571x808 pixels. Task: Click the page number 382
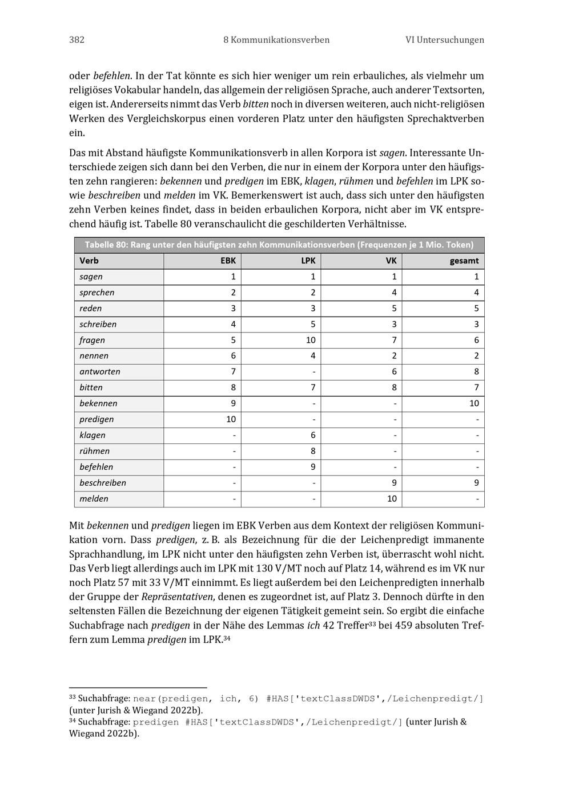[x=77, y=40]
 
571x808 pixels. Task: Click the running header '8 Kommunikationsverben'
[x=276, y=40]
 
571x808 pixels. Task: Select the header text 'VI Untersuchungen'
[x=445, y=40]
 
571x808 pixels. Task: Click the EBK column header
[x=228, y=261]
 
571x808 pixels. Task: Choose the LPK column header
[x=308, y=261]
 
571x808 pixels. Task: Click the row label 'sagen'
[x=91, y=277]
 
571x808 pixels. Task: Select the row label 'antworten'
[x=100, y=372]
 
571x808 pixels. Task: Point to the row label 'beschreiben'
[x=103, y=483]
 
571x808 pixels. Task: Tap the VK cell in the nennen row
[x=393, y=356]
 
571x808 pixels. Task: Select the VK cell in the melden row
[x=391, y=499]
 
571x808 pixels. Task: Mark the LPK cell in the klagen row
[x=313, y=435]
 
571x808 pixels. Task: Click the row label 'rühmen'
[x=95, y=451]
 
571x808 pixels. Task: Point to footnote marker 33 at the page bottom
[x=73, y=697]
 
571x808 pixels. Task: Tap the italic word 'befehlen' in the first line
[x=112, y=76]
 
